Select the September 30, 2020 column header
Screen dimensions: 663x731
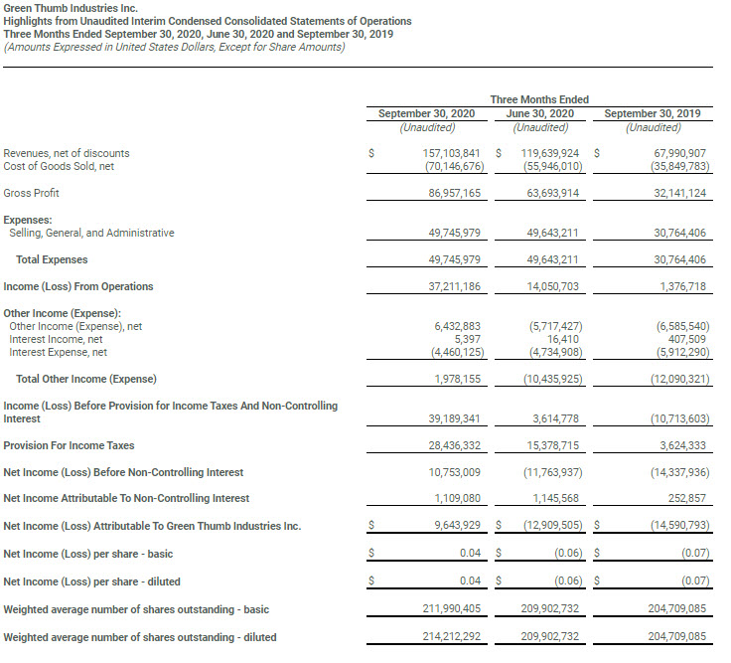coord(428,113)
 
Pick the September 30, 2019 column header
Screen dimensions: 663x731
coord(653,113)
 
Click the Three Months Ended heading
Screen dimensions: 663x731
coord(539,99)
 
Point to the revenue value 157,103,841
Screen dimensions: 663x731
coord(444,154)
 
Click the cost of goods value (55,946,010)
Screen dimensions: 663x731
coord(544,167)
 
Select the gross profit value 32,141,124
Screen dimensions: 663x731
coord(669,193)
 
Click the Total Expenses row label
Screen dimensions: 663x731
coord(52,259)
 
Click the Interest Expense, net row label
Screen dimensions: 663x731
coord(58,352)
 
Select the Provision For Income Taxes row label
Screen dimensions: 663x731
coord(69,445)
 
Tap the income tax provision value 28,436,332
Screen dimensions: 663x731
coord(444,445)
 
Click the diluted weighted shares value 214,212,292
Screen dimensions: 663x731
coord(444,637)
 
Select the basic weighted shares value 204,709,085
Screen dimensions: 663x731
coord(669,608)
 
